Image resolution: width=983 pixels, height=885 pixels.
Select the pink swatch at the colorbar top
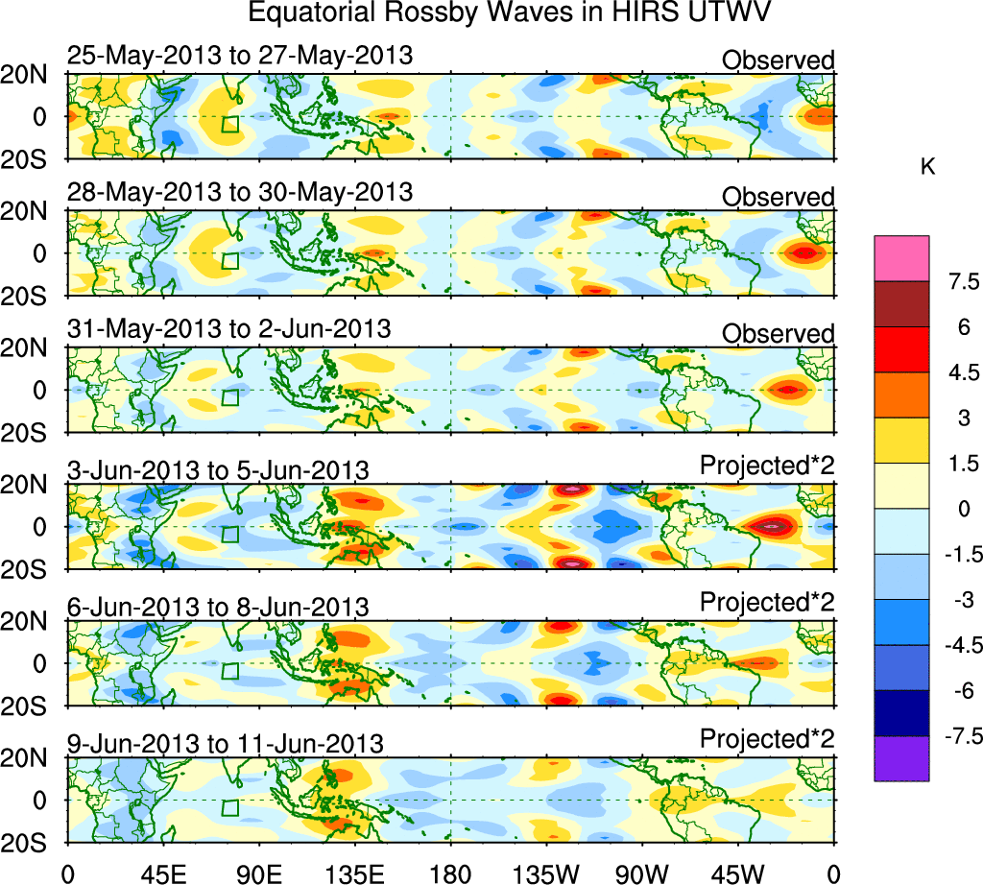pyautogui.click(x=901, y=258)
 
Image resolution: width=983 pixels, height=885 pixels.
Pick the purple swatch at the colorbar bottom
pyautogui.click(x=901, y=758)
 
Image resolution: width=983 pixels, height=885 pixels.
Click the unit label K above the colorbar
pyautogui.click(x=927, y=167)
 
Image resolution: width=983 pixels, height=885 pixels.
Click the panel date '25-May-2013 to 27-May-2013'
pyautogui.click(x=240, y=56)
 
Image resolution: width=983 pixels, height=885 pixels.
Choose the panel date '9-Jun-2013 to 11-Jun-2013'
pyautogui.click(x=226, y=743)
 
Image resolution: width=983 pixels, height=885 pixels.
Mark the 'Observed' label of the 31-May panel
pyautogui.click(x=779, y=334)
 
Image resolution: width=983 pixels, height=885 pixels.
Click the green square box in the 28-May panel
pyautogui.click(x=229, y=260)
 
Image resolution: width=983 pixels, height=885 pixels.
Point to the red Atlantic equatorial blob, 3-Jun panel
pyautogui.click(x=772, y=525)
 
